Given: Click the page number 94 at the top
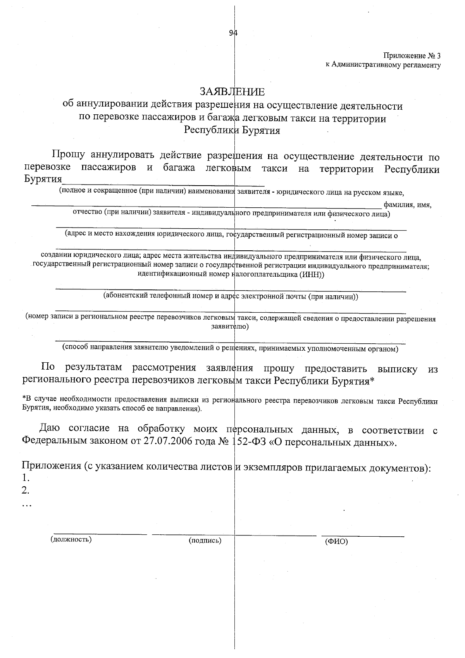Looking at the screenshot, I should click(233, 33).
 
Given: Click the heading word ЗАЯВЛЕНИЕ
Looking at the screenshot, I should click(232, 92).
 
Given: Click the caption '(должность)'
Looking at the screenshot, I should click(71, 539).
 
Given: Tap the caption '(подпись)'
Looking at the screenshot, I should click(205, 540).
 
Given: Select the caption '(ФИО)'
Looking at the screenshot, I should click(336, 541).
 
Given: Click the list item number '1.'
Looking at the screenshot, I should click(26, 477).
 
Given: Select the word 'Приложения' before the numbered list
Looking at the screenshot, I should click(51, 467).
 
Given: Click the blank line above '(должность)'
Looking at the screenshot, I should click(100, 534).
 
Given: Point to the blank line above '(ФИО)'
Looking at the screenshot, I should click(363, 536).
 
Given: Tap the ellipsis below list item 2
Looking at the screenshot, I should click(27, 505).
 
